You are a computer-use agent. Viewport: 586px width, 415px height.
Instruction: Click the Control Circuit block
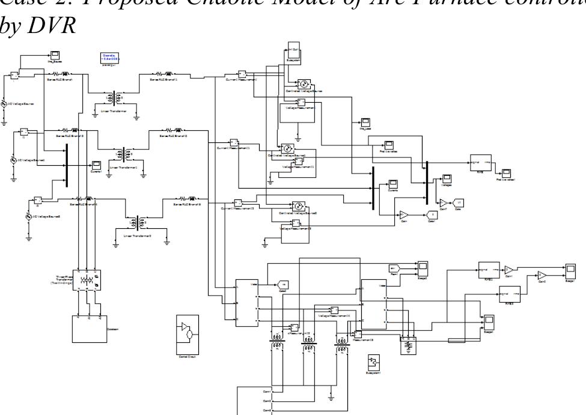pyautogui.click(x=188, y=334)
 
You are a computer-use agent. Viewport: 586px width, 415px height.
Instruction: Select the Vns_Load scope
pyautogui.click(x=364, y=123)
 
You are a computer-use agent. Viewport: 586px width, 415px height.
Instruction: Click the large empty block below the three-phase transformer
pyautogui.click(x=88, y=331)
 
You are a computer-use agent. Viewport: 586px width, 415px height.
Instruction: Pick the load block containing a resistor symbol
pyautogui.click(x=409, y=347)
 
